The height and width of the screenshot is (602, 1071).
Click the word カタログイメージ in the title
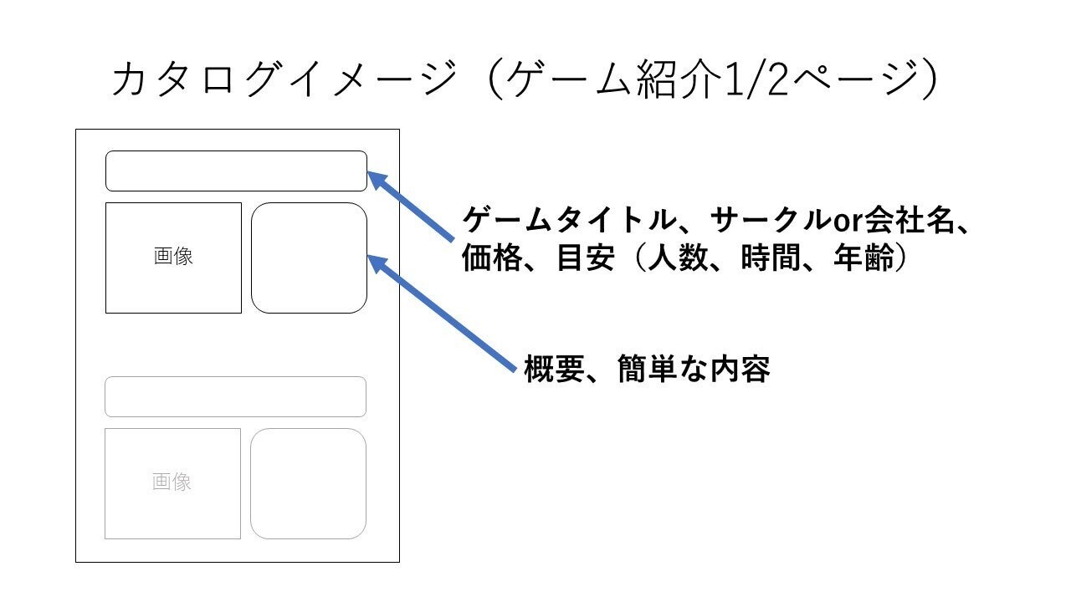point(285,79)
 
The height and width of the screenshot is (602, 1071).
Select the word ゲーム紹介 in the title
point(613,79)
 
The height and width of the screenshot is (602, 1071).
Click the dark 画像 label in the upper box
point(173,256)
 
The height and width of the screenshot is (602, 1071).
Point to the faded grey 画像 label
point(172,482)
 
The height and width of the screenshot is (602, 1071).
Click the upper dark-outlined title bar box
point(236,151)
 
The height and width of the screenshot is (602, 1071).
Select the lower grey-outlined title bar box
point(235,377)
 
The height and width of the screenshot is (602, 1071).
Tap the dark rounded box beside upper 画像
point(309,203)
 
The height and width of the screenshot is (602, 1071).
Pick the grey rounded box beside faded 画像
point(308,429)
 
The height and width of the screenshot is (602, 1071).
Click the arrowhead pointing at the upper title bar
point(377,179)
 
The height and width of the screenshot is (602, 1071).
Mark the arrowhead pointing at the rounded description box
point(377,263)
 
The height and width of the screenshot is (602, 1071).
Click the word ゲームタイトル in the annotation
point(570,220)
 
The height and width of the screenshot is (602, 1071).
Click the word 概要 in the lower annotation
point(555,369)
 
